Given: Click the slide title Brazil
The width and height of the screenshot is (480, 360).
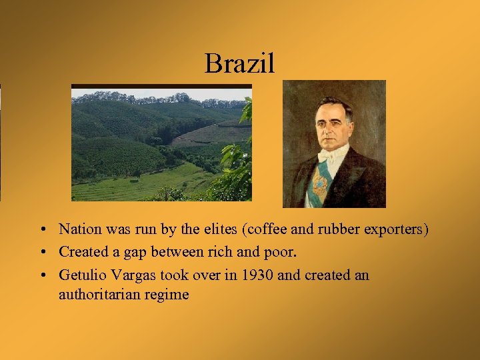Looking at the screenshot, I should pyautogui.click(x=239, y=64).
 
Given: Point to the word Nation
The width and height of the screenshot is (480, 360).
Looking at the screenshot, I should pyautogui.click(x=79, y=229).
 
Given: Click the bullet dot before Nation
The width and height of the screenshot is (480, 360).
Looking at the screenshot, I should pyautogui.click(x=42, y=229).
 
